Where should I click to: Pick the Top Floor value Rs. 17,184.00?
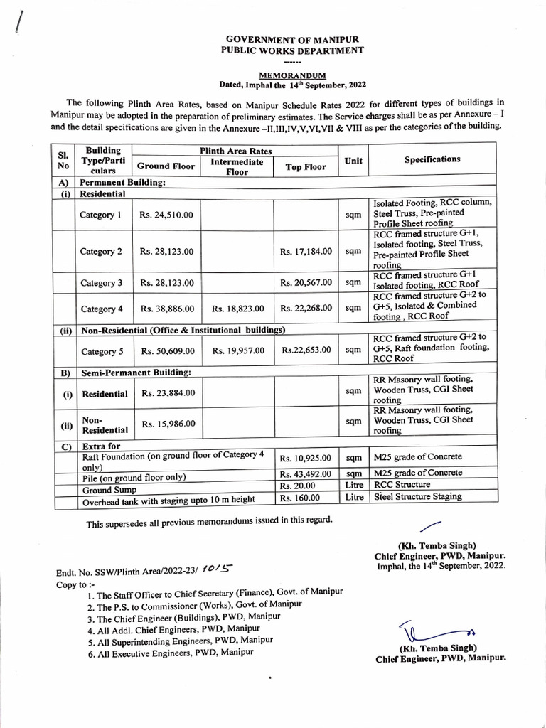tap(306, 252)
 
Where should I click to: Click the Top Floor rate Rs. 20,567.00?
tap(306, 283)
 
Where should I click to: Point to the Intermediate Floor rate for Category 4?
tap(237, 309)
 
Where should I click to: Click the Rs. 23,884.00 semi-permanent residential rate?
tap(168, 392)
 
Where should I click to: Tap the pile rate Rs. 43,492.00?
tap(306, 473)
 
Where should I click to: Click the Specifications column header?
tap(432, 159)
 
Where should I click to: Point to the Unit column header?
tap(353, 161)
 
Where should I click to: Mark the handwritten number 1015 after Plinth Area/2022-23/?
tap(215, 570)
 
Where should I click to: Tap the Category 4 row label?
tap(101, 309)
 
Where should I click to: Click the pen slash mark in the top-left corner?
tap(18, 23)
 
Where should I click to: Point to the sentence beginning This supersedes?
tap(209, 523)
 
